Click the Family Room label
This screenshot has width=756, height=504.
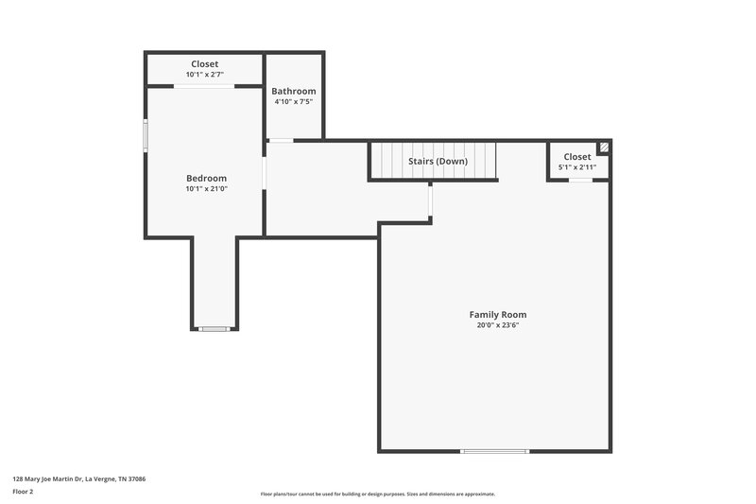click(x=497, y=315)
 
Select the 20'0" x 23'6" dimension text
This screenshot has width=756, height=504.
click(x=497, y=325)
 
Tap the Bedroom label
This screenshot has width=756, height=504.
click(x=206, y=178)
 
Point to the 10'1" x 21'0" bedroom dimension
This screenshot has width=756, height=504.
click(x=206, y=188)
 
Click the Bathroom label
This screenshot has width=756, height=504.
click(x=294, y=91)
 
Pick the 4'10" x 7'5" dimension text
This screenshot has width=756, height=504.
click(x=294, y=101)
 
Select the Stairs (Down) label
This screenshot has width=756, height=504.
click(x=438, y=161)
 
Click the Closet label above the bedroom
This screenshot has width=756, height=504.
click(x=205, y=64)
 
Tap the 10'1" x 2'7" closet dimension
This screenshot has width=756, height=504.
click(x=205, y=74)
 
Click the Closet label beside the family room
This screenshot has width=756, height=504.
click(x=577, y=157)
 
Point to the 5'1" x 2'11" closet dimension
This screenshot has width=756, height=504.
click(x=577, y=167)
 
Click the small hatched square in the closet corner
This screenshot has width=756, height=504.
click(x=603, y=148)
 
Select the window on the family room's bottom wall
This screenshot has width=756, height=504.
click(x=494, y=451)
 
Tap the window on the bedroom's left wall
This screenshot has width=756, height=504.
click(x=146, y=134)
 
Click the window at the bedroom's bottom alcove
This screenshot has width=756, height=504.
click(x=215, y=329)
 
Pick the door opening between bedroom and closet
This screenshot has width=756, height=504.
click(x=204, y=86)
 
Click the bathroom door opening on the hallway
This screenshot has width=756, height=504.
click(x=281, y=141)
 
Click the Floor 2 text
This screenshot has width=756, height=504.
click(x=23, y=492)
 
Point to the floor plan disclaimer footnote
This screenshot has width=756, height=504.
click(x=377, y=494)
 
